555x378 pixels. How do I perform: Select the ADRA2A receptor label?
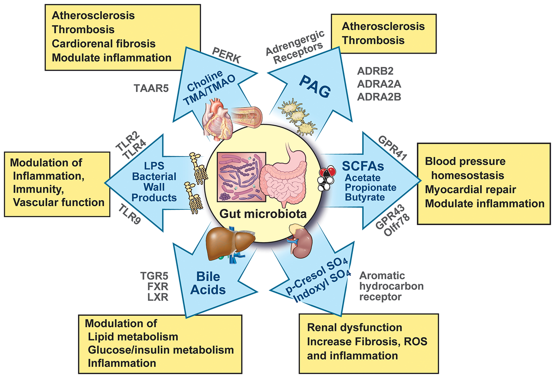378,85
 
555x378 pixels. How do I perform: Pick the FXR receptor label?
154,286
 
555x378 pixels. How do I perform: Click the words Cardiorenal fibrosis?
104,43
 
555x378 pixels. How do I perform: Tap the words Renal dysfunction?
354,328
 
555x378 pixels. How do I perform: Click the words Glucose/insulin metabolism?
160,349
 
